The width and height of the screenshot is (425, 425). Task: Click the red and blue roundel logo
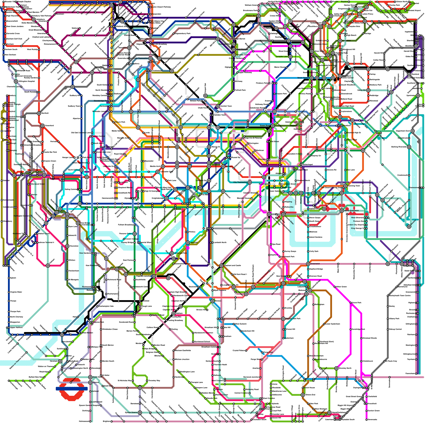[x=71, y=388]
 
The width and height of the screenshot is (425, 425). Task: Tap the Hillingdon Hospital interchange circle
[x=16, y=81]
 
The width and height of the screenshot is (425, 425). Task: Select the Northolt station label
[x=45, y=113]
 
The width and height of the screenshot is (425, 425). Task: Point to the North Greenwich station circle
[x=342, y=211]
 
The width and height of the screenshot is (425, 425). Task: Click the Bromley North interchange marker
[x=336, y=368]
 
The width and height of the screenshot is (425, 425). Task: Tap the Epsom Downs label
[x=131, y=413]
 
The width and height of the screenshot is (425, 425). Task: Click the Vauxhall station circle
[x=188, y=243]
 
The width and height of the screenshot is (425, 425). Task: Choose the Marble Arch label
[x=155, y=167]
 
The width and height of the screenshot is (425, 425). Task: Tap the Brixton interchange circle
[x=212, y=301]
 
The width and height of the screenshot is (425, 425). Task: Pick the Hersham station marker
[x=60, y=361]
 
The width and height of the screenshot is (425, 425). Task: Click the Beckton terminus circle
[x=409, y=227]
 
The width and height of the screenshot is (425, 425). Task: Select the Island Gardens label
[x=316, y=237]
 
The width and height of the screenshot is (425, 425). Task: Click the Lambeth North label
[x=220, y=243]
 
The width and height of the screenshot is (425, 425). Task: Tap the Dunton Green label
[x=373, y=411]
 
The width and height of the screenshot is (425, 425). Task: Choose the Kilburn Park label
[x=120, y=122]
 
